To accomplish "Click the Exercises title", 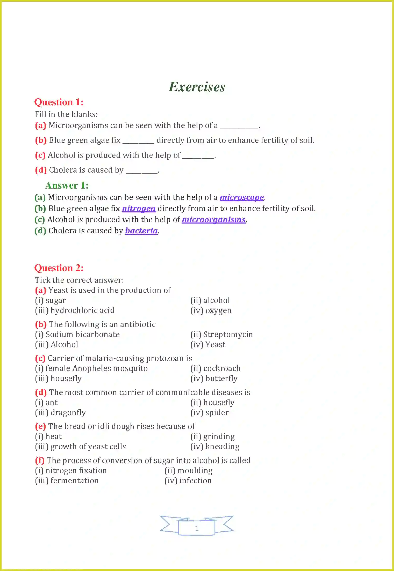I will click(x=197, y=87).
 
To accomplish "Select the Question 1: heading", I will click(x=59, y=102).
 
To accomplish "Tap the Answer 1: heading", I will click(x=67, y=186).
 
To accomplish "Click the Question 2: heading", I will click(x=59, y=268).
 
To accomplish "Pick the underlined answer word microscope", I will click(x=242, y=197).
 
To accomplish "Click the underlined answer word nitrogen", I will click(x=139, y=209).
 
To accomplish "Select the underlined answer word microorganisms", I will click(x=214, y=220).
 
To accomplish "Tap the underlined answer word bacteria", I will click(x=141, y=231).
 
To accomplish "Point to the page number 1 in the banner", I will click(x=197, y=528).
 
